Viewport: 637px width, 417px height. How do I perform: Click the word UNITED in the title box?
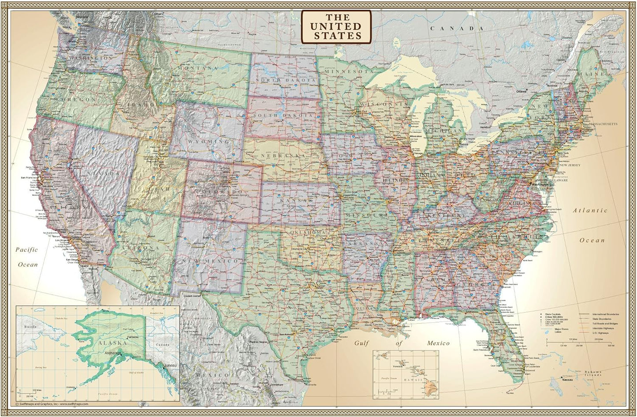pos(336,26)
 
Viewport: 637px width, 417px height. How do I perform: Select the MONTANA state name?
pos(198,68)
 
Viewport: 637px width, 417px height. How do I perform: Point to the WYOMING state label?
pos(209,142)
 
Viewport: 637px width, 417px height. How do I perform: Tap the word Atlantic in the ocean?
pos(590,210)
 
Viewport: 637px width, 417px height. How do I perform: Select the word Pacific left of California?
pos(27,249)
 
